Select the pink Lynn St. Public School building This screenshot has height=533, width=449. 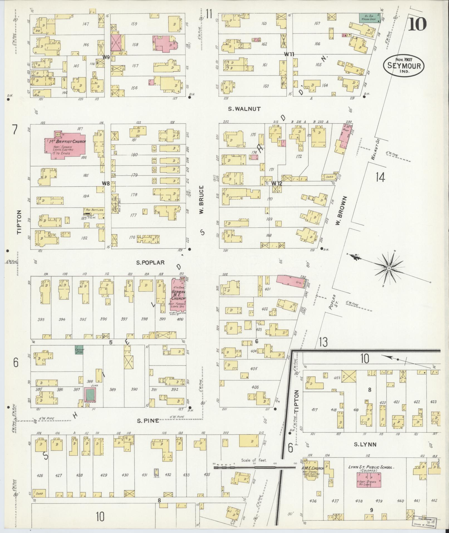(369, 480)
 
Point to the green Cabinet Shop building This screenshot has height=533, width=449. (79, 350)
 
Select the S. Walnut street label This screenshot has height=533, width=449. (244, 109)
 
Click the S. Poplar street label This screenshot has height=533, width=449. (150, 262)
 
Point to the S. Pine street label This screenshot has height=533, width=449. (148, 421)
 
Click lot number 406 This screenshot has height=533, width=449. (255, 387)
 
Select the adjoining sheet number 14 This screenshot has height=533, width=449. (380, 177)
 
